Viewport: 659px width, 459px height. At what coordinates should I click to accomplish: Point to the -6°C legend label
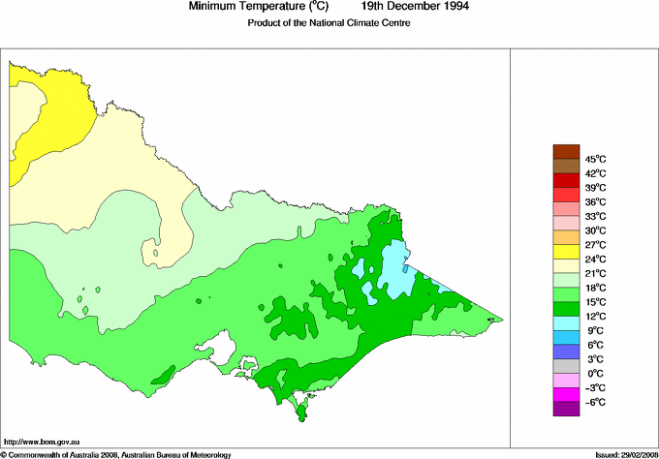point(595,402)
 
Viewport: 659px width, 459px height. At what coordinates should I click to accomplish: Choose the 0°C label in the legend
point(595,374)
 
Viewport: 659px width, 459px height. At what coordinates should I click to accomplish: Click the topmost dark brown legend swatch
point(566,151)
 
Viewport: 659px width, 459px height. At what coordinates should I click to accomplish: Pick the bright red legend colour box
point(566,180)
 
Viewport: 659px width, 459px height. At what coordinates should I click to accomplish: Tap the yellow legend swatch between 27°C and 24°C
point(566,252)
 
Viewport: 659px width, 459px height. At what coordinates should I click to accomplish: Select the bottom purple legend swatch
point(566,410)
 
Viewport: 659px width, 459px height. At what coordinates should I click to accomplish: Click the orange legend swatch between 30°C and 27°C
point(566,237)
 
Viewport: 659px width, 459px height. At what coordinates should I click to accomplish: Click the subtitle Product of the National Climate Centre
point(329,23)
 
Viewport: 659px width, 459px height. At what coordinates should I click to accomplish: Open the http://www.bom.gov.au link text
point(42,441)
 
